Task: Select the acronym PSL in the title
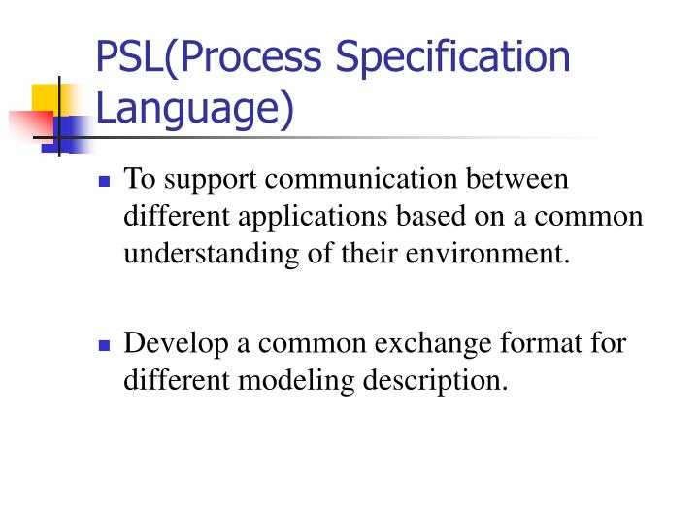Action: point(129,57)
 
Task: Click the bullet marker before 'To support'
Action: point(105,182)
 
